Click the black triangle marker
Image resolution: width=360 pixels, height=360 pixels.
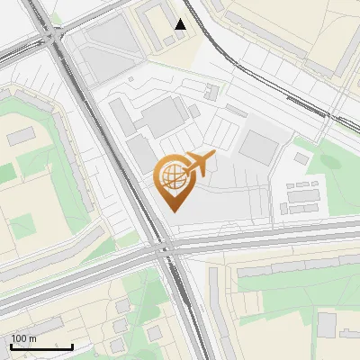[181, 24]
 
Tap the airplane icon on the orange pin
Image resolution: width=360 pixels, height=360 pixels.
[199, 164]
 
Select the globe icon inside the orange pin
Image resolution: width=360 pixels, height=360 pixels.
[171, 175]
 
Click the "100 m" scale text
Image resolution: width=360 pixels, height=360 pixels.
[24, 338]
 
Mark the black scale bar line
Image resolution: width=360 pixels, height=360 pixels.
[41, 346]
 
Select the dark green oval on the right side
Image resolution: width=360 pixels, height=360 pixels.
[331, 162]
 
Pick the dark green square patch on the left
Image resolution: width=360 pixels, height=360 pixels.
[22, 221]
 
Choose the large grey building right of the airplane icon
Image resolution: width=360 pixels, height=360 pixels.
[259, 147]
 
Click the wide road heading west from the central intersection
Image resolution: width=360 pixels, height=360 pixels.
[72, 270]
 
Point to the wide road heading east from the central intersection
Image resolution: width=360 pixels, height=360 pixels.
[270, 237]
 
